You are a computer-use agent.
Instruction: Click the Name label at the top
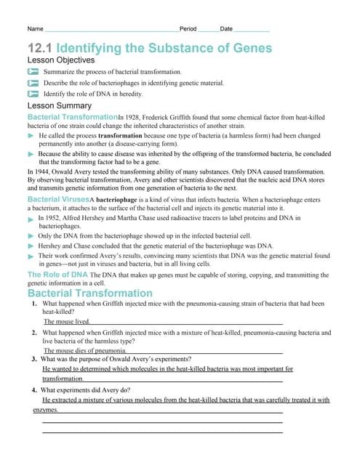click(35, 29)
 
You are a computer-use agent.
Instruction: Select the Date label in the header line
click(226, 29)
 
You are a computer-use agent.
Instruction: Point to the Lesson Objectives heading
click(60, 60)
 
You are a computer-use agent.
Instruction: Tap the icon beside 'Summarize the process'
click(33, 73)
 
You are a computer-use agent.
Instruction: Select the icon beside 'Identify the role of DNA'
click(33, 94)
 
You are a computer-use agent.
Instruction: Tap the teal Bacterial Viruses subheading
click(57, 199)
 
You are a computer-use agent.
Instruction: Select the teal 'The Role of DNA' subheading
click(57, 275)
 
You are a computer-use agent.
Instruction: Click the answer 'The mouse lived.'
click(67, 321)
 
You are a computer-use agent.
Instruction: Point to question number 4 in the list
click(34, 389)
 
